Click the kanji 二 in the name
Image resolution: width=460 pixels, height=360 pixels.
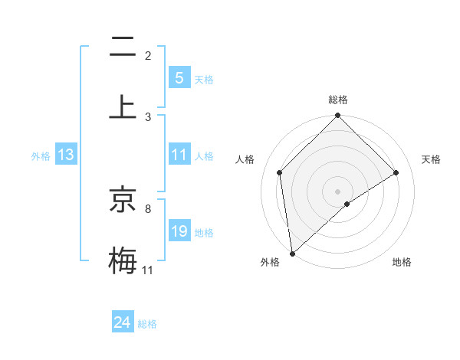[x=123, y=48]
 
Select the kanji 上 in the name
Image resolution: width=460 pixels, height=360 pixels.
[x=123, y=106]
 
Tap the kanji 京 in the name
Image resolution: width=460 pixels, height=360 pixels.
[x=123, y=201]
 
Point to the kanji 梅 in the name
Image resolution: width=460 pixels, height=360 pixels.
[x=123, y=259]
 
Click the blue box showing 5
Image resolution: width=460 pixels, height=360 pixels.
[x=179, y=78]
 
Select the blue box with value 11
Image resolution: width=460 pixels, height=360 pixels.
[x=179, y=155]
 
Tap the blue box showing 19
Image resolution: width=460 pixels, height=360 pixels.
[x=179, y=231]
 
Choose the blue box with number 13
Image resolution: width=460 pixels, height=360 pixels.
[x=66, y=155]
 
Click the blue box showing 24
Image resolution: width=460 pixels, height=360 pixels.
[x=123, y=322]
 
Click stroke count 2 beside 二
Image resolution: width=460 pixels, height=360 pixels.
[x=148, y=56]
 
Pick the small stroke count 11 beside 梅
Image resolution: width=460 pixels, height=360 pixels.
[x=148, y=270]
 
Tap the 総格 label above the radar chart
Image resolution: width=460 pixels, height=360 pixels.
[x=338, y=100]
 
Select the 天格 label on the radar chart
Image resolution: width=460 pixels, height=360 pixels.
[x=432, y=159]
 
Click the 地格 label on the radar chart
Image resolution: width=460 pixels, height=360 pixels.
[x=402, y=262]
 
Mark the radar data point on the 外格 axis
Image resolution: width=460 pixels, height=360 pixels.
[x=292, y=254]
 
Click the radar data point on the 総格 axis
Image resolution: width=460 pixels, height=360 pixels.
[x=338, y=116]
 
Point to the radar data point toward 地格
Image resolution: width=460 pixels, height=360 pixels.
[x=347, y=204]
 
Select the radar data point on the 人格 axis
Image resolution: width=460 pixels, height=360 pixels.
[x=280, y=172]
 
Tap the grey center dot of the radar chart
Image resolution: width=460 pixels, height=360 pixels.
[x=338, y=191]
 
